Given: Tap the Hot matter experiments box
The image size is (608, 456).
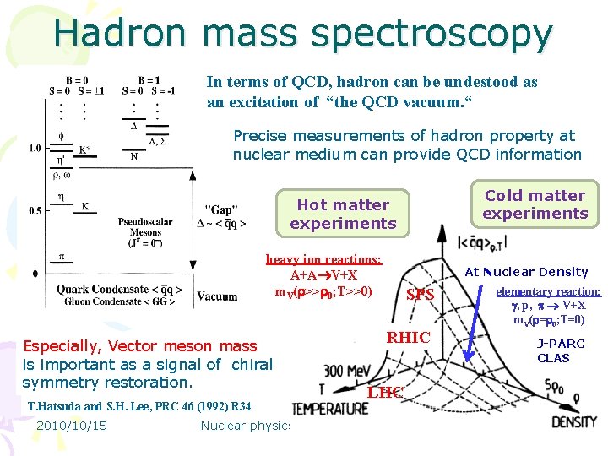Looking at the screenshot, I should point(343,214).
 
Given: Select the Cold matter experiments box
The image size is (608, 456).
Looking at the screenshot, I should point(534,204).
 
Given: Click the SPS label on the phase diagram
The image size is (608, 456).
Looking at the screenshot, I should point(420,296).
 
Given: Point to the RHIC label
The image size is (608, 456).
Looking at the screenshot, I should point(408,338).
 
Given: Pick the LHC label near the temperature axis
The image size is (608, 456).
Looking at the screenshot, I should point(384,392).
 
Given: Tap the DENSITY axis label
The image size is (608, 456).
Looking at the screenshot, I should point(574,421).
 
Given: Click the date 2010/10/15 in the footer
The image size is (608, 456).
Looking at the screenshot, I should point(71,426).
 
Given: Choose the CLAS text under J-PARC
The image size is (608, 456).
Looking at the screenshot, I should point(553,358).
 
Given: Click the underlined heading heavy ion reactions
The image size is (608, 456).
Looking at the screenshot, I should point(323,260).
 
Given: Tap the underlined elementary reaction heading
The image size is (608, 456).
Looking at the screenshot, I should point(548,291).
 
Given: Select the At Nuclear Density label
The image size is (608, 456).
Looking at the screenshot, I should point(526,272).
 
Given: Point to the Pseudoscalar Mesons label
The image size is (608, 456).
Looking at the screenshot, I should point(144,227).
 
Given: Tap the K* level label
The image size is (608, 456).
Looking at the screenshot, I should point(85,150).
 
